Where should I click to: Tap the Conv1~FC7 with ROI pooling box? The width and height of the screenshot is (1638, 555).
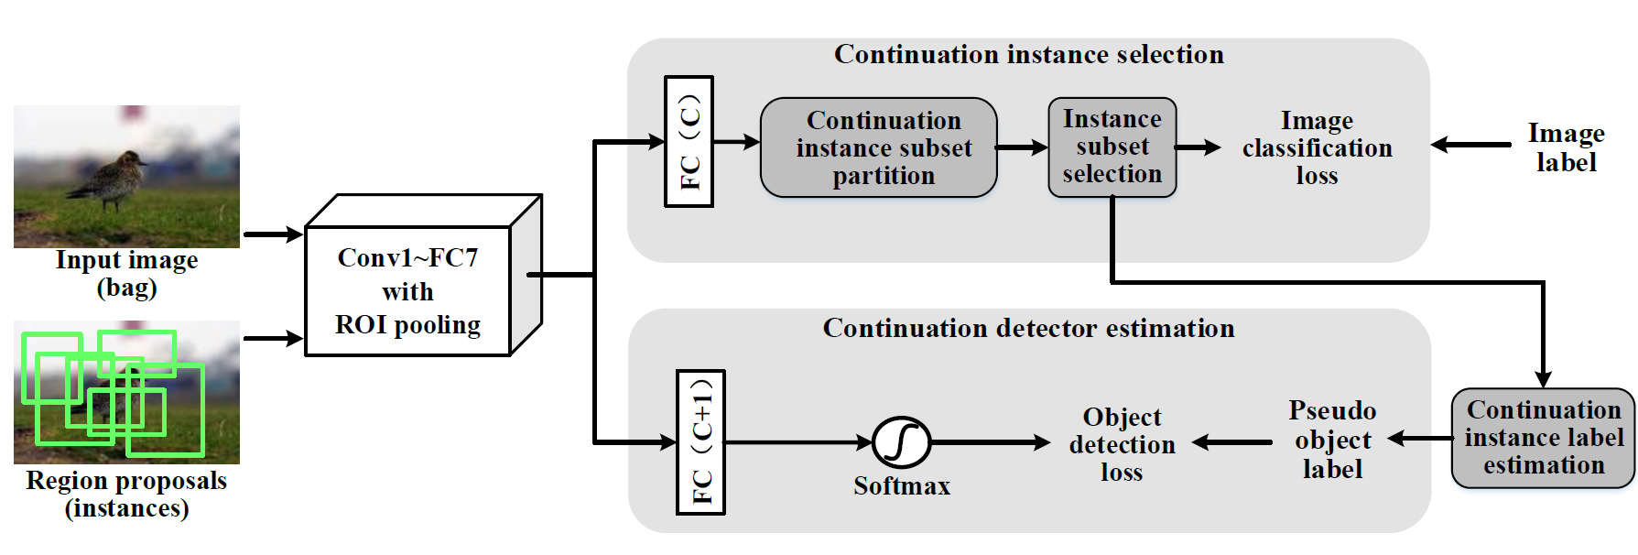pos(407,290)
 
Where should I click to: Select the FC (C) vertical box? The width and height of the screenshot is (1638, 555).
pos(689,141)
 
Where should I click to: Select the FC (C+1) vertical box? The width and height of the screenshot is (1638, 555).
pos(700,442)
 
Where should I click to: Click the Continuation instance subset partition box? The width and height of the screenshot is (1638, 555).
pos(879,147)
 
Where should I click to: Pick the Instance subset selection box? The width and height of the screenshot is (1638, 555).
pos(1112,147)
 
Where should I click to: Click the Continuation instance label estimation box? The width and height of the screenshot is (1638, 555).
pos(1543,438)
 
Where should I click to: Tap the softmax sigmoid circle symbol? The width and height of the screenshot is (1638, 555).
pos(902,442)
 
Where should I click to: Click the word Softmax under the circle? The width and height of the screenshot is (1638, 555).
pos(902,486)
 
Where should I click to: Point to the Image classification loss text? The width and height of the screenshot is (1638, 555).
pos(1317,147)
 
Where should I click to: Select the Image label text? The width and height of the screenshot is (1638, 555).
pos(1566,147)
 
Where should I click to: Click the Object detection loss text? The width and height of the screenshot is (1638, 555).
pos(1122,444)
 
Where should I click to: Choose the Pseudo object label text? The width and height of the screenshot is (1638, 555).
pos(1332,440)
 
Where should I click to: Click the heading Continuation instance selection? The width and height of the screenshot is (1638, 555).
pos(1028,55)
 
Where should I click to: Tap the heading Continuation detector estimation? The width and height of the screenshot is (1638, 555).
pos(1028,328)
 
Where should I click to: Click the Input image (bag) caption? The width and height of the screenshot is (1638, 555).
pos(126,273)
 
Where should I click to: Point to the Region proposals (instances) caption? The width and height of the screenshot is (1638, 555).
pos(126,494)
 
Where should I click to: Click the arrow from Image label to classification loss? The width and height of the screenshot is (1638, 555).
pos(1470,145)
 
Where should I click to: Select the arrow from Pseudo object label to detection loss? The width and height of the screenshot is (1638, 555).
pos(1232,442)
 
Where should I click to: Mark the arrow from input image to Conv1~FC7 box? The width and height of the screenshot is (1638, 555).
pos(273,234)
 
